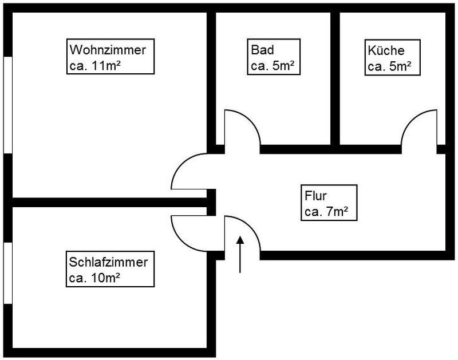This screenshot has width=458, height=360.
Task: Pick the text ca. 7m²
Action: pos(327,213)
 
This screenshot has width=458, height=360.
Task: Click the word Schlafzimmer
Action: pos(109,263)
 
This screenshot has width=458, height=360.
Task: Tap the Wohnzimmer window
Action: pos(8,105)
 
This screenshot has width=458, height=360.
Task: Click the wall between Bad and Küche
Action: pos(335,77)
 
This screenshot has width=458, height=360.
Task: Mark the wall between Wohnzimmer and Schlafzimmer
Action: pos(109,202)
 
